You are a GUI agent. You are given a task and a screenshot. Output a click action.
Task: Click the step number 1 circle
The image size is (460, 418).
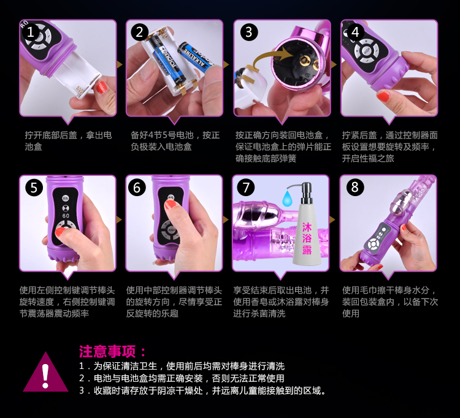[x=31, y=32]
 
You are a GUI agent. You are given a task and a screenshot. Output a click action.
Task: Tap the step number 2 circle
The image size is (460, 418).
[x=139, y=32]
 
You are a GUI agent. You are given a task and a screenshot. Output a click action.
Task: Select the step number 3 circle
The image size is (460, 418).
[x=249, y=32]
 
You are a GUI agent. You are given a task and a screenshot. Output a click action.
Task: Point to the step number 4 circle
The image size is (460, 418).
[x=355, y=32]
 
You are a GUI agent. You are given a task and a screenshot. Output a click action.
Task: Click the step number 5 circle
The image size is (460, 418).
[x=34, y=188]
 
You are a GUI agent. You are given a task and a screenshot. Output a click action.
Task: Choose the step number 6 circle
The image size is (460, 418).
[x=137, y=188]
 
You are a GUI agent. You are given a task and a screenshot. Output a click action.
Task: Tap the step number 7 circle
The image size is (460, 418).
[x=246, y=188]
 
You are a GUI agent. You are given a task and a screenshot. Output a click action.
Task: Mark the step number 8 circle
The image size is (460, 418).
[x=355, y=187]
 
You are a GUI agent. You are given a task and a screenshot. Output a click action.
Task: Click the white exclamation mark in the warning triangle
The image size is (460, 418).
[x=45, y=376]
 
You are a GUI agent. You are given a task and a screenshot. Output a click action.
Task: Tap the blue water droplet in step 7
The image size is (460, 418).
[x=287, y=199]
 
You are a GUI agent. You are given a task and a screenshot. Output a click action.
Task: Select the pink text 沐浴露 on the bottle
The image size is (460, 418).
[x=307, y=238]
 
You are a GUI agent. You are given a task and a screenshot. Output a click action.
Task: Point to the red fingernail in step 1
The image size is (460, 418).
[x=101, y=88]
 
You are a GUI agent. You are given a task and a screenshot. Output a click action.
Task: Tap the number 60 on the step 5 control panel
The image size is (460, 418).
[x=66, y=216]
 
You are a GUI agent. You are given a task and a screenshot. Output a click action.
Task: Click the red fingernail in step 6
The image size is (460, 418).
[x=170, y=204]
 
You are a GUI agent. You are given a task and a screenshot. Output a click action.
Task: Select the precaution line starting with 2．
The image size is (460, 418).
[x=182, y=378]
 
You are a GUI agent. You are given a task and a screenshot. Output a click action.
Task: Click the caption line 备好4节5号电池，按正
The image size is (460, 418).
[x=175, y=135]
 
